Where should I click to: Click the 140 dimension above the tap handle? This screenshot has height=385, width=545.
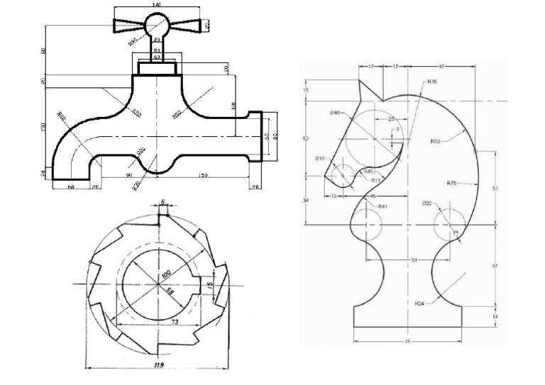(155, 4)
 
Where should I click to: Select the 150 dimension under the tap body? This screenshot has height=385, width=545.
(203, 175)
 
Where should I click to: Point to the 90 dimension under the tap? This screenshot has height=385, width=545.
(129, 175)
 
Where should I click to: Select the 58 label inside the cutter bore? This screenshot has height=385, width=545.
(170, 291)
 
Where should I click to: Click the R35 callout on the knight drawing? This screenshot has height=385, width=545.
(432, 82)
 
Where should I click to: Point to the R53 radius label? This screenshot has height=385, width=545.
(435, 141)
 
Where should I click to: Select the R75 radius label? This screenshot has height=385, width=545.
(451, 183)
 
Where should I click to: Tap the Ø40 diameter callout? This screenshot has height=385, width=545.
(334, 113)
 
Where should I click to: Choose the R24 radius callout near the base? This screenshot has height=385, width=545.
(420, 303)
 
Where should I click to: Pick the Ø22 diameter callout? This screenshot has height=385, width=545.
(426, 203)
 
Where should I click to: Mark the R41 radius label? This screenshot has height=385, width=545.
(382, 206)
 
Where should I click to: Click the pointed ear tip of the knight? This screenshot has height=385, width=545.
(360, 82)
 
